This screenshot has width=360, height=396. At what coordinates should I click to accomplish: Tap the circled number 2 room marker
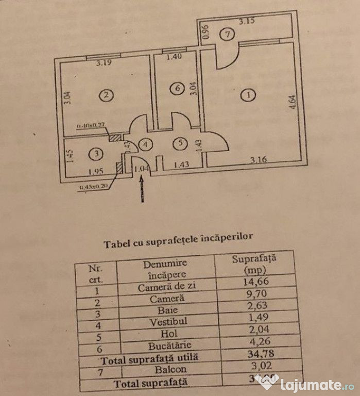(106, 95)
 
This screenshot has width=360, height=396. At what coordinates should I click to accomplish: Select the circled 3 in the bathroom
(94, 153)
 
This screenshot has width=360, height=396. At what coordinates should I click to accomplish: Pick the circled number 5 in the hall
(179, 144)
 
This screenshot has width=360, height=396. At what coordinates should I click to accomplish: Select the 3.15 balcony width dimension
(248, 22)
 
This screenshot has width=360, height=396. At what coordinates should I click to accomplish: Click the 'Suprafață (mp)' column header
(254, 263)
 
